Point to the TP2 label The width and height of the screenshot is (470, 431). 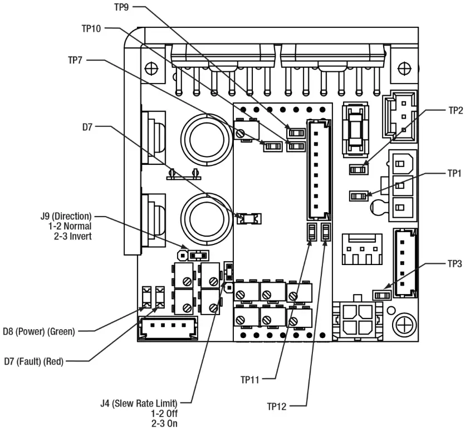coord(455,110)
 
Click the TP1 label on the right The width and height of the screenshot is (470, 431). coord(455,174)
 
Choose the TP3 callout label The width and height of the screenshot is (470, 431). coord(455,264)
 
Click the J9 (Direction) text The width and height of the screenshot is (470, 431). coord(62,215)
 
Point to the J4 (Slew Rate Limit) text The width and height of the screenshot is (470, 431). coord(151,403)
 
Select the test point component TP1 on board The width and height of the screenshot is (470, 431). coord(359,195)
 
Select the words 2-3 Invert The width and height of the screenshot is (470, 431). coord(70,236)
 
